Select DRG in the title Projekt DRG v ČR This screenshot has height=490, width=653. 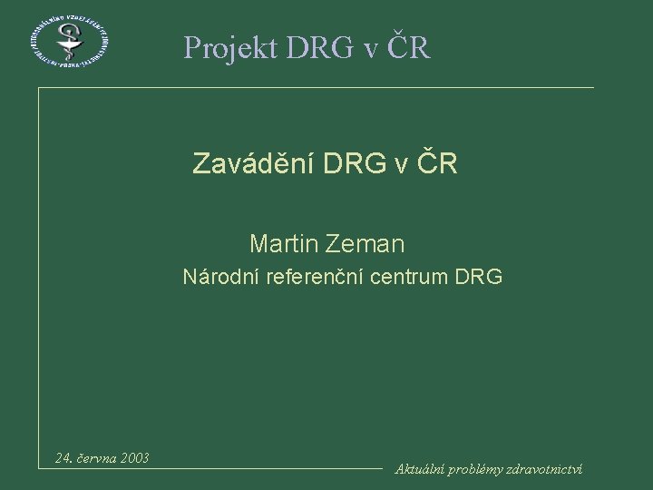point(315,47)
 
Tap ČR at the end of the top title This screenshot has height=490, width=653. point(412,46)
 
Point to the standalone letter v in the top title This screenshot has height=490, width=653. point(371,50)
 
